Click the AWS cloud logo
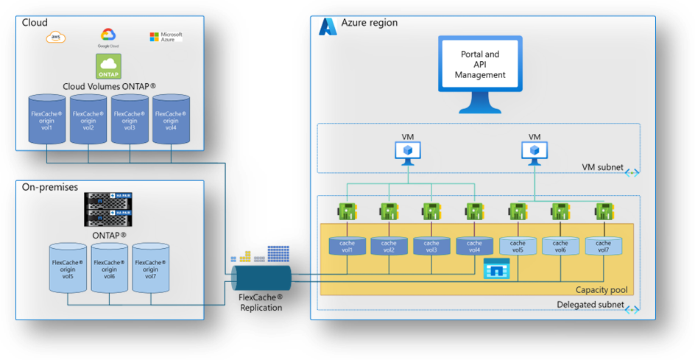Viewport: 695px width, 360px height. coord(56,37)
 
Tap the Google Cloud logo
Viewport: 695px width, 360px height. coord(109,38)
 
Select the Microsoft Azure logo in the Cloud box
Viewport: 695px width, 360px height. coord(166,36)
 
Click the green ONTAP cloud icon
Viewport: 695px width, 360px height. coord(109,66)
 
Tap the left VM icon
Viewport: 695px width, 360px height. coord(407,150)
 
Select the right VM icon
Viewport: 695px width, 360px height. coord(535,150)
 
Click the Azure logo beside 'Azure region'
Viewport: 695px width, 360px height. coord(328,27)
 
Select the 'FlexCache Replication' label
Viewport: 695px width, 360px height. coord(261,303)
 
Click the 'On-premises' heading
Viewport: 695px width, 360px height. coord(48,188)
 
